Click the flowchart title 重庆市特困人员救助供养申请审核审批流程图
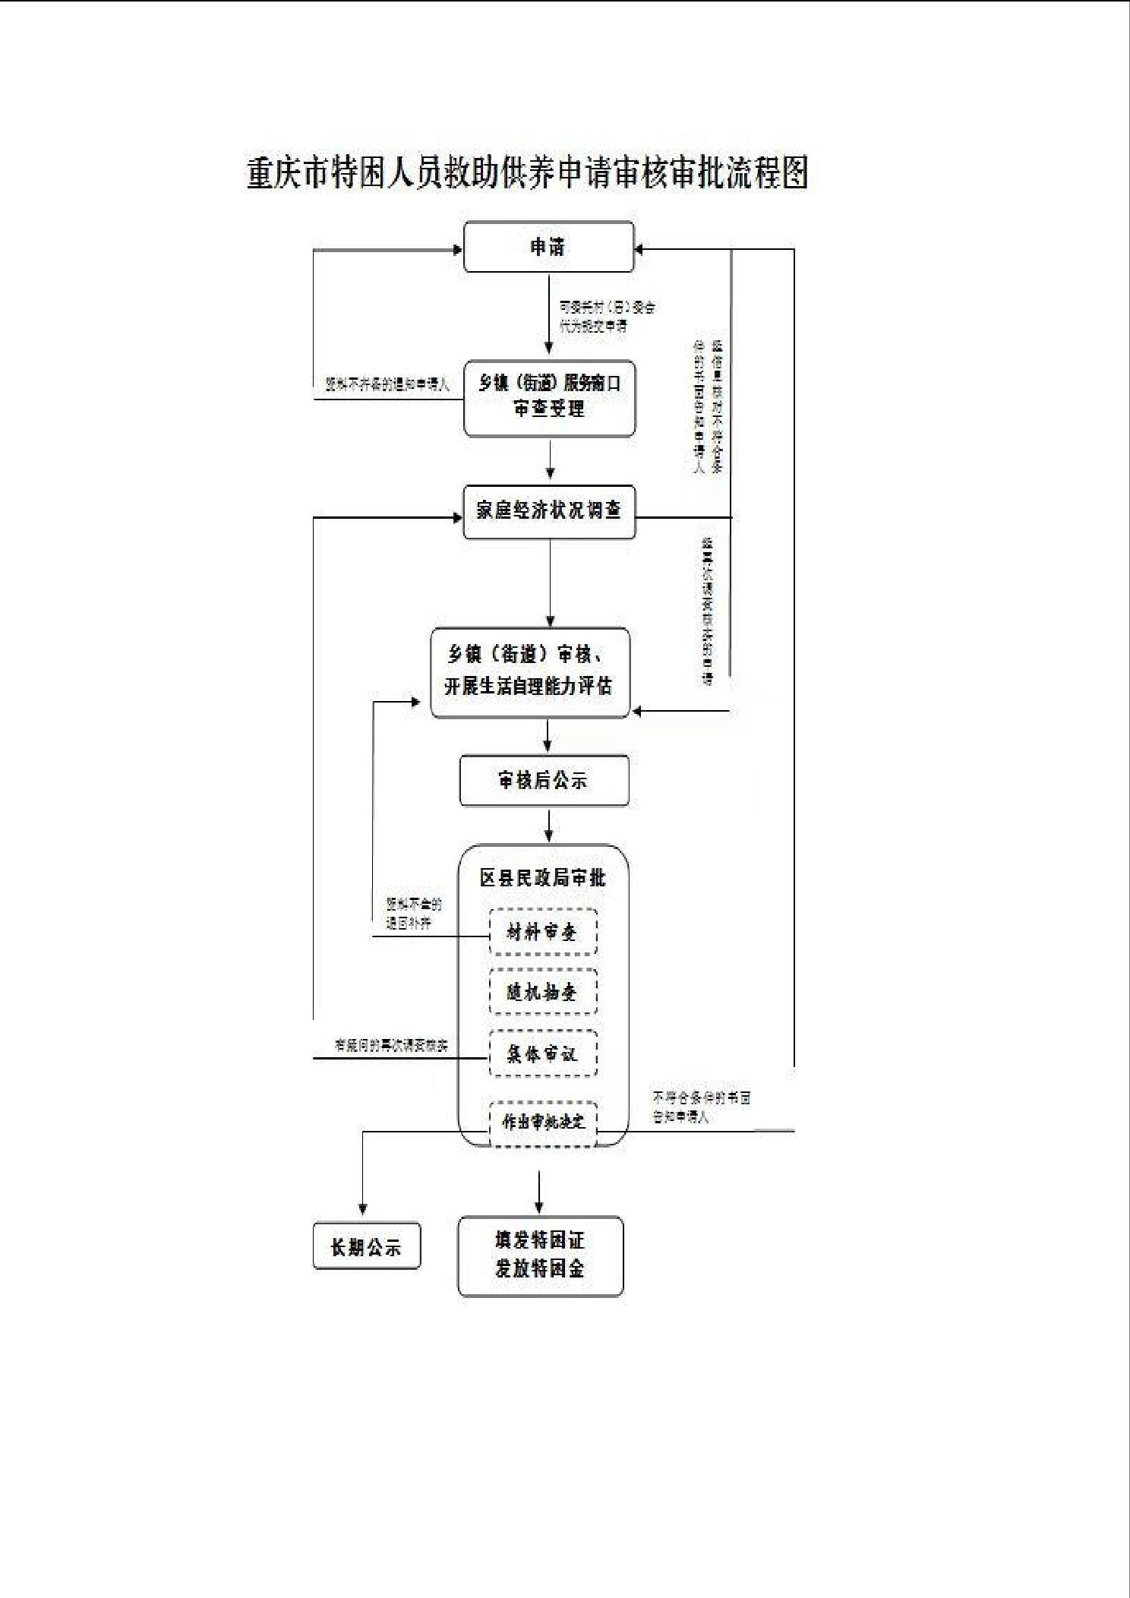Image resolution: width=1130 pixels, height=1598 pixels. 527,173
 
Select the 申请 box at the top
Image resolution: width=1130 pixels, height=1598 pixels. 548,247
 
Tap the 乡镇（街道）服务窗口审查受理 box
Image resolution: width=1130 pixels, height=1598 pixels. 549,398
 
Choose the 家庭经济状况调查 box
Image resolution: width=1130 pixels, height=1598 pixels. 549,511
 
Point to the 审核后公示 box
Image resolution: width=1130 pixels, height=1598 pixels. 544,780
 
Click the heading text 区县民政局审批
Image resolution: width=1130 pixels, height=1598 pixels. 542,878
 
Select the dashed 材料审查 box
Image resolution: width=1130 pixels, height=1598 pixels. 542,932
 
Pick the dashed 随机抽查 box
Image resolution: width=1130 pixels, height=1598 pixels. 542,992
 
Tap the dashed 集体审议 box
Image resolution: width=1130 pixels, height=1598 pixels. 542,1053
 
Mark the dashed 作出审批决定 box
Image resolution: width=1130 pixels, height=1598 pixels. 543,1123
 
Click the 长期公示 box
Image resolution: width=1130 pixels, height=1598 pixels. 366,1247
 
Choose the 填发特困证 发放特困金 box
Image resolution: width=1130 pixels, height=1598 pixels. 540,1255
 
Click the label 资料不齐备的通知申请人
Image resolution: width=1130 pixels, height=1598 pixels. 387,385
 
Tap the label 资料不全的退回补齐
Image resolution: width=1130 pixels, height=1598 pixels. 414,914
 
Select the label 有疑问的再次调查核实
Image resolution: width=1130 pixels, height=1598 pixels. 392,1046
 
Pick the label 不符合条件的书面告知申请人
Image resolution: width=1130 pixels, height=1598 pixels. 701,1107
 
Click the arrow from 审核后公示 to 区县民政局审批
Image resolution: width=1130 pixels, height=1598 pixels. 548,825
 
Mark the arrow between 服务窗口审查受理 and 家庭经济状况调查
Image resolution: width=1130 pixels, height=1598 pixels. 550,460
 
